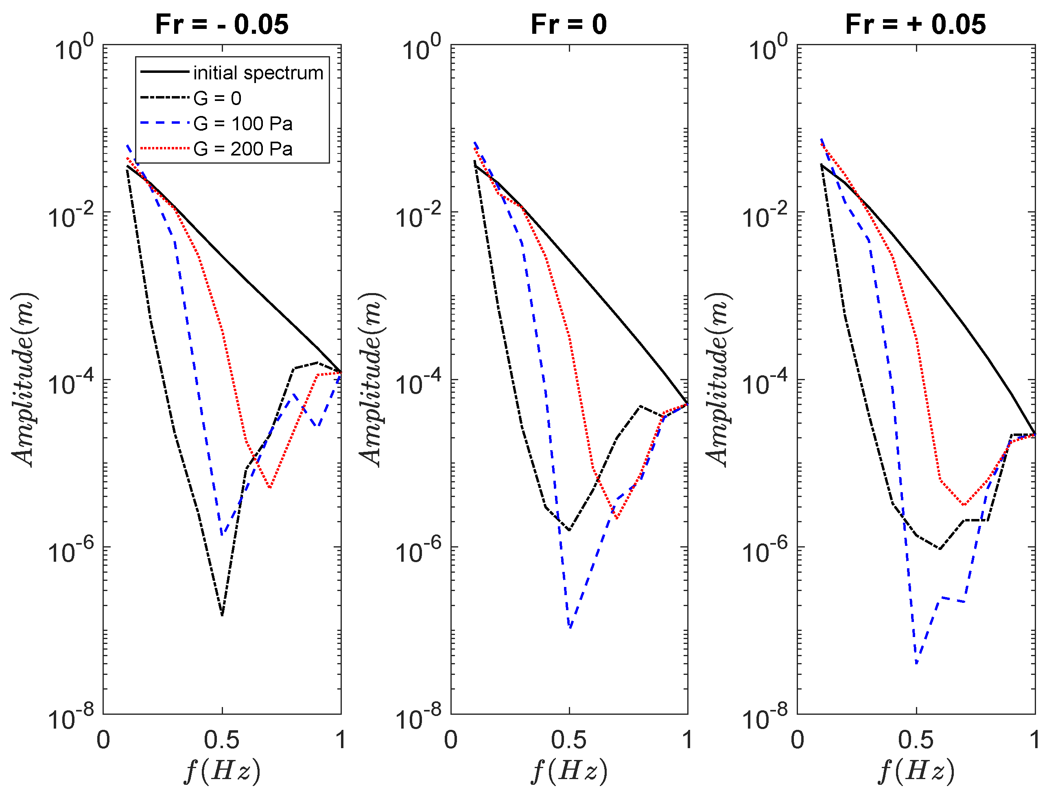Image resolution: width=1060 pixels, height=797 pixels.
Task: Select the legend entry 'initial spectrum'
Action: tap(258, 73)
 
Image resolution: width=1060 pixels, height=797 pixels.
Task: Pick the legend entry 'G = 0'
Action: tap(217, 98)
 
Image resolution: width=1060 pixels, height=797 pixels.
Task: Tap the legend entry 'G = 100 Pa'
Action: tap(243, 124)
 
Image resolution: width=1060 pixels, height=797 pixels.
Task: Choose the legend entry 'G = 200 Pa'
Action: tap(243, 149)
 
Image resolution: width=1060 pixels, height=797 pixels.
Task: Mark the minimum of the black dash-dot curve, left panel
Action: tap(222, 615)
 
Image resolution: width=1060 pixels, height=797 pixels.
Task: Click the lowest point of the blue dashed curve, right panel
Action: tap(916, 664)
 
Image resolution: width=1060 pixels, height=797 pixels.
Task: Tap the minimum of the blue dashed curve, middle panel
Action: tap(570, 627)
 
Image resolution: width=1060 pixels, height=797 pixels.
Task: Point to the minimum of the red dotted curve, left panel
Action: tap(270, 488)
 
